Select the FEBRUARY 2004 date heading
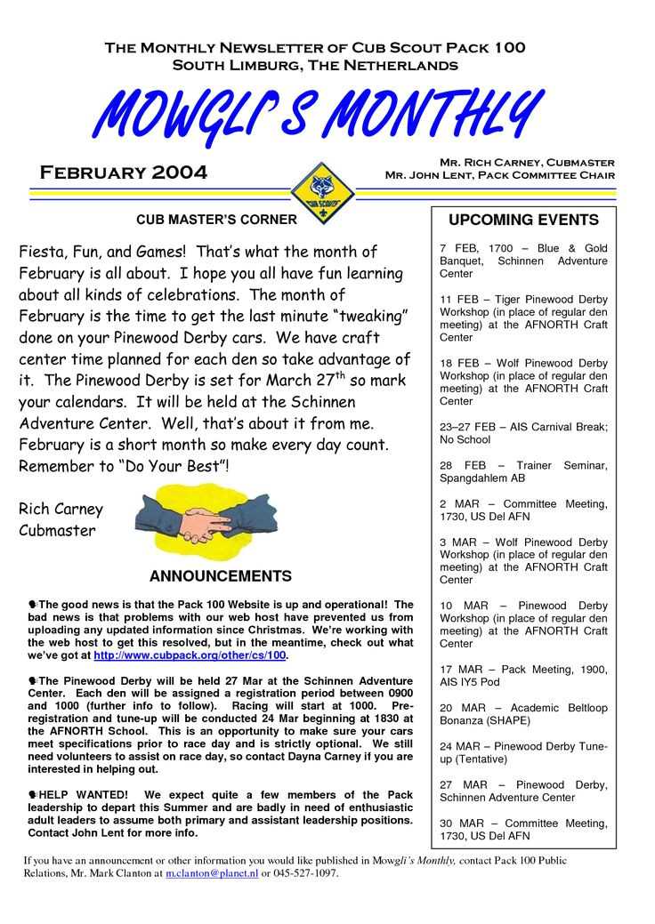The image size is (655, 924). tap(124, 172)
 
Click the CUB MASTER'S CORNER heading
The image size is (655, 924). tap(216, 219)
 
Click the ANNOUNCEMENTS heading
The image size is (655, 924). tap(220, 576)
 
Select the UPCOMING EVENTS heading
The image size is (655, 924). tap(523, 220)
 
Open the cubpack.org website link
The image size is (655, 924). tap(190, 655)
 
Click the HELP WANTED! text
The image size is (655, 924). tap(84, 794)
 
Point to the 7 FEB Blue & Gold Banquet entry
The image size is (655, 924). tap(523, 261)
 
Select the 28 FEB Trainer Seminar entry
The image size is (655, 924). tap(523, 471)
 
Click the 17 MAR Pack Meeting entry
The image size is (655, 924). tap(523, 675)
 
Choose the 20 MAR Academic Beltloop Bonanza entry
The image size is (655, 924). tap(523, 714)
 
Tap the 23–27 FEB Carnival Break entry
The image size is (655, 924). tap(523, 433)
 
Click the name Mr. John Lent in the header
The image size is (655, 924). tap(418, 175)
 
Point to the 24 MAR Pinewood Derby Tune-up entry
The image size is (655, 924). tap(523, 752)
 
